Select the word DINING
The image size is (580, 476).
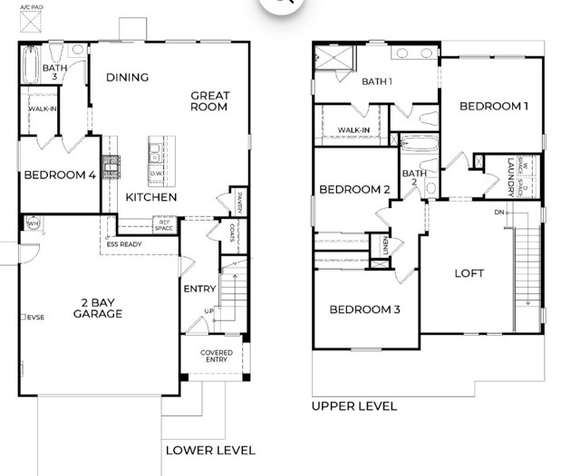pyautogui.click(x=127, y=77)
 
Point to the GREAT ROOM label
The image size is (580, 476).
pyautogui.click(x=209, y=101)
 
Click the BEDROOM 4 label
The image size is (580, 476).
pyautogui.click(x=60, y=176)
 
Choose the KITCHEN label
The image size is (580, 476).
pyautogui.click(x=150, y=197)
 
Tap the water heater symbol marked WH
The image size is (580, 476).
pyautogui.click(x=32, y=224)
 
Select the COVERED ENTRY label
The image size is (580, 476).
pyautogui.click(x=216, y=357)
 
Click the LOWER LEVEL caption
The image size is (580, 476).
pyautogui.click(x=210, y=450)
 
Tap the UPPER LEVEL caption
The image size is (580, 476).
pyautogui.click(x=354, y=406)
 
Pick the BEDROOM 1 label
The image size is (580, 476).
pyautogui.click(x=494, y=106)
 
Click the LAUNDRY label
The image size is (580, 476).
pyautogui.click(x=511, y=176)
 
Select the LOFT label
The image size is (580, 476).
pyautogui.click(x=469, y=272)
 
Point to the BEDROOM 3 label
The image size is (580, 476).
pyautogui.click(x=364, y=309)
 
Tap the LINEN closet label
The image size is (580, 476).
pyautogui.click(x=384, y=246)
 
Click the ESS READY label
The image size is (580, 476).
pyautogui.click(x=125, y=243)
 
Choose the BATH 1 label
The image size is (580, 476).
pyautogui.click(x=377, y=81)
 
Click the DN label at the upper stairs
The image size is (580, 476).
pyautogui.click(x=498, y=212)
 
